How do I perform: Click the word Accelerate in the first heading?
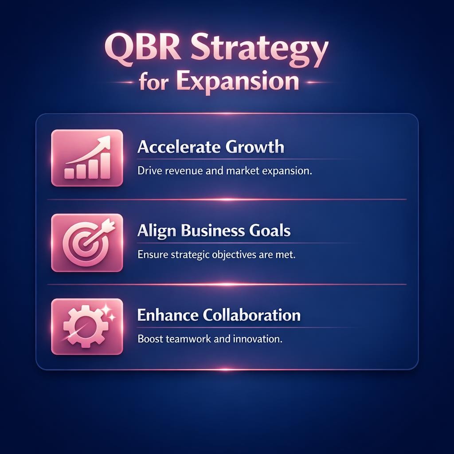click(176, 147)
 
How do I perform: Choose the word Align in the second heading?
click(153, 231)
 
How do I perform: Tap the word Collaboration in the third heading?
click(251, 315)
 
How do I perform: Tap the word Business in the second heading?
click(205, 231)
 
